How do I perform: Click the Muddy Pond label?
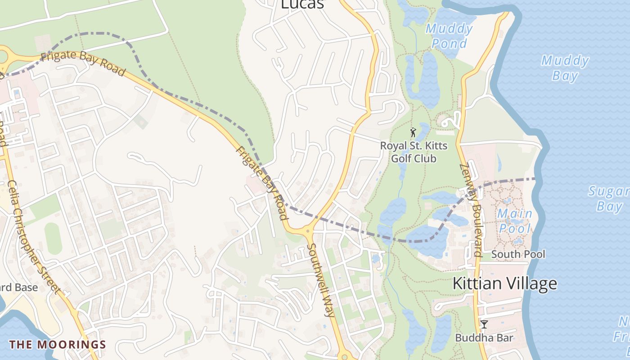449,36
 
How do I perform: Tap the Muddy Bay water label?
565,67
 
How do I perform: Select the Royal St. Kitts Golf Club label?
414,152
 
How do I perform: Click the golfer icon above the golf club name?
414,132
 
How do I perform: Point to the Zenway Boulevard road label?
471,210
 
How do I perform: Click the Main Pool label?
514,220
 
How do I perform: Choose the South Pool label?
518,254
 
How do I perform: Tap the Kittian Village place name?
504,283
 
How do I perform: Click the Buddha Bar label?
484,337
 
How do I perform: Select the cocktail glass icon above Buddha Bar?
484,324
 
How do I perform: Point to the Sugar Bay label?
609,199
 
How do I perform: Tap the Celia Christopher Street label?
33,236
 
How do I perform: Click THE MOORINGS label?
58,345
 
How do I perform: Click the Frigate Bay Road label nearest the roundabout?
82,63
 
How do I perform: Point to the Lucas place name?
302,4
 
